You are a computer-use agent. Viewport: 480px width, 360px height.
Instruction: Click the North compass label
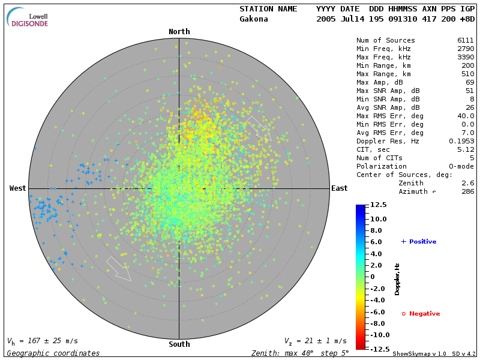(179, 32)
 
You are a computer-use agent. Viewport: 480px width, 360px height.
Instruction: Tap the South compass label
(179, 344)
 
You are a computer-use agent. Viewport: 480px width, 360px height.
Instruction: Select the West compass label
(17, 188)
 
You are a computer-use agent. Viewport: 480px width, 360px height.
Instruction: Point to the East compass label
(339, 188)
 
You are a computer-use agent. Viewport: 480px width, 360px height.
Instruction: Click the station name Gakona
(254, 19)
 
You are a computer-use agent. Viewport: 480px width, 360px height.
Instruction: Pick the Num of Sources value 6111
(466, 40)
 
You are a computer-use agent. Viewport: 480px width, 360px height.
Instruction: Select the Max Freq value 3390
(466, 57)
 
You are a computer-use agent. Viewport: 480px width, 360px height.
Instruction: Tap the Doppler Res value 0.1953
(461, 141)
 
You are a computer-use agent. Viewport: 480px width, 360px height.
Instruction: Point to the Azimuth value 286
(467, 191)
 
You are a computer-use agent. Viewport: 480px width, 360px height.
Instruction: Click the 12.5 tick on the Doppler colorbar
(378, 205)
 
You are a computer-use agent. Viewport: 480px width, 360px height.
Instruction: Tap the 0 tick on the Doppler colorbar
(373, 277)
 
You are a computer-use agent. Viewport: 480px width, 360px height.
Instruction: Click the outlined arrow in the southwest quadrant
(118, 268)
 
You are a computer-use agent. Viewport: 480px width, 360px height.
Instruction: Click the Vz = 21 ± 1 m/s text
(315, 341)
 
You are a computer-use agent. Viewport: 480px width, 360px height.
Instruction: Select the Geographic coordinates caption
(53, 353)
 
